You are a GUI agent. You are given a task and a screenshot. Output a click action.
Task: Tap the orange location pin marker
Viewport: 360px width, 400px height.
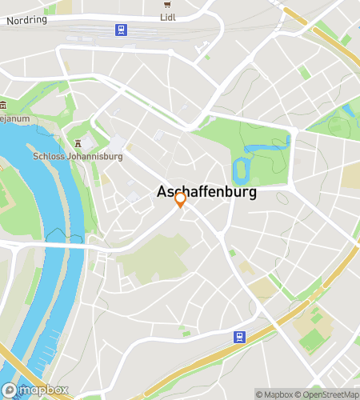(181, 199)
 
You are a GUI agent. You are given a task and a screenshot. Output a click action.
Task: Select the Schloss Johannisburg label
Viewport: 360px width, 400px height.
(78, 156)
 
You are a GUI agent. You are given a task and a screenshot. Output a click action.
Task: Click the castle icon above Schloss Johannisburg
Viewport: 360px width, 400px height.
(78, 143)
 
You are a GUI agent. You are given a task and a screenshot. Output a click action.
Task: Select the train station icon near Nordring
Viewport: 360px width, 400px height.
(121, 30)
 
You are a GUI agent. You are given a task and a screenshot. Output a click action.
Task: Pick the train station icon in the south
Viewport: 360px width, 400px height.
(239, 338)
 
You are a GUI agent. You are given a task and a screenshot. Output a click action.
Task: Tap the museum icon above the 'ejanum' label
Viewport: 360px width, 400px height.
(3, 105)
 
